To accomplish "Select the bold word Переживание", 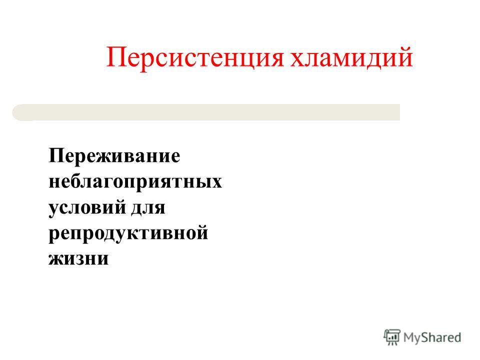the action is (x=114, y=156).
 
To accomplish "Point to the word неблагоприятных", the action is (x=135, y=182).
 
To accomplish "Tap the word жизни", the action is (x=78, y=258).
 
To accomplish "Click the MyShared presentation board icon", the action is (x=392, y=337).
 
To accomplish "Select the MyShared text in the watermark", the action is (x=432, y=337).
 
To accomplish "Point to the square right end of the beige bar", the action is (x=399, y=112).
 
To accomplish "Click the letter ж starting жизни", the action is (x=58, y=258).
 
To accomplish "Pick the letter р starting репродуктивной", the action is (x=55, y=235).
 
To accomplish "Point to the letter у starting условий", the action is (x=54, y=210).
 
